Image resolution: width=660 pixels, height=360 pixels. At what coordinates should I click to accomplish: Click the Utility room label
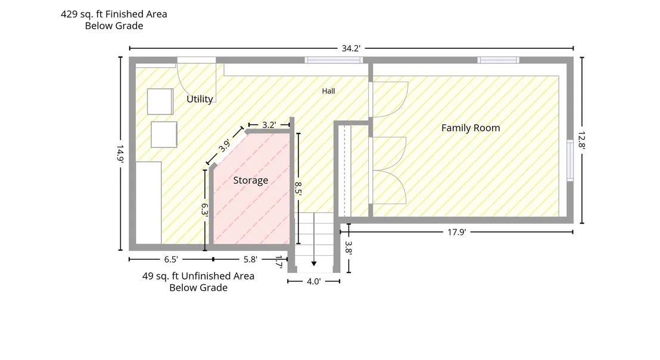point(200,100)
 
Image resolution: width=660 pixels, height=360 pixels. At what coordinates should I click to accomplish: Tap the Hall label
point(328,91)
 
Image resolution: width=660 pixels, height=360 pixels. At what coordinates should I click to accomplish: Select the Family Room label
point(471,128)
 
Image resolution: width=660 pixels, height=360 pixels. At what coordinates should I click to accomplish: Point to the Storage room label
point(250,180)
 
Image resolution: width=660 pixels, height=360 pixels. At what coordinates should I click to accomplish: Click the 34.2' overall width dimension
point(351,48)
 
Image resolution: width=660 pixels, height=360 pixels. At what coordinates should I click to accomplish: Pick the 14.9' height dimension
point(120,154)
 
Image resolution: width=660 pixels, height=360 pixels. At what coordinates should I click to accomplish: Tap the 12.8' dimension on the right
point(582,140)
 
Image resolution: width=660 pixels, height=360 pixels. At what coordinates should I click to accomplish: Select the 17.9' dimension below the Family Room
point(456,232)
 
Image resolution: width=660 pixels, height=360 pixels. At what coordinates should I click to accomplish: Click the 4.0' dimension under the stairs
point(313,282)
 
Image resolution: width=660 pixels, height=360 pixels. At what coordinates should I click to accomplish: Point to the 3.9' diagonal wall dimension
point(225,145)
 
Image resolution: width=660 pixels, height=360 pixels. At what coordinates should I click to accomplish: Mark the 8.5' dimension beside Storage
point(298,188)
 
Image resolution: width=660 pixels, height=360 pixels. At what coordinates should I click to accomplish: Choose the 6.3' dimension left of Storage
point(204,210)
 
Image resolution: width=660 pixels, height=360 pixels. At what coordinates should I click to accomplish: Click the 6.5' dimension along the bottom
point(171,259)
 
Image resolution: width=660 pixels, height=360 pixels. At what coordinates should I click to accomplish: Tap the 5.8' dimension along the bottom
point(250,259)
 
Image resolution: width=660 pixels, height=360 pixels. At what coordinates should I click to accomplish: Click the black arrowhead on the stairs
point(313,263)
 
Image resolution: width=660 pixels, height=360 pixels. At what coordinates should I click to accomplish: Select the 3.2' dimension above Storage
point(269,125)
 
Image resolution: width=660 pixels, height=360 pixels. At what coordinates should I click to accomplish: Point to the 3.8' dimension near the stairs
point(348,247)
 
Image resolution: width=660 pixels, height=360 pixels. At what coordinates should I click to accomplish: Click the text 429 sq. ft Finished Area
point(114,14)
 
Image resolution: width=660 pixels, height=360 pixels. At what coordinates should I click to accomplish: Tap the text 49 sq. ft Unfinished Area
point(198,276)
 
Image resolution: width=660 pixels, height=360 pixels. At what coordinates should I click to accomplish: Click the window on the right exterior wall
point(570,160)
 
